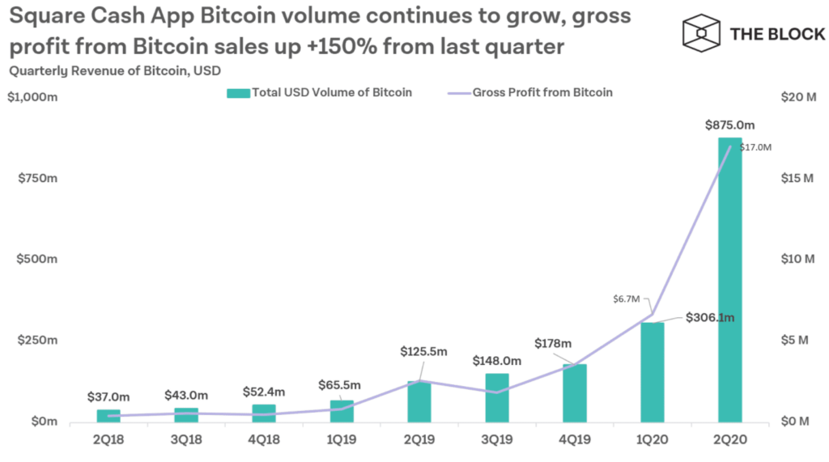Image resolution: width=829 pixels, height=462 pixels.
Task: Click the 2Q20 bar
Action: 729,280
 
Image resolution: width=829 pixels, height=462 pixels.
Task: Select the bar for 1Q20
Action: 653,372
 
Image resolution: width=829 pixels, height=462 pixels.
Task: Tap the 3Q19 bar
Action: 497,398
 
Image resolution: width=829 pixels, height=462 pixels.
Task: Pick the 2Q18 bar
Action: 108,416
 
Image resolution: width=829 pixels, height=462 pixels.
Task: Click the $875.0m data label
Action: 729,125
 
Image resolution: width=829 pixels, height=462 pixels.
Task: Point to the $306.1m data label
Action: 710,317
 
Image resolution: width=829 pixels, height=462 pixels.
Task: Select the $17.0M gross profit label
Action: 755,147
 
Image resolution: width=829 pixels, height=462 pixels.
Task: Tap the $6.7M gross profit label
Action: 627,299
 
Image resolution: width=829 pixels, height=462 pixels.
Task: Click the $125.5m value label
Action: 423,351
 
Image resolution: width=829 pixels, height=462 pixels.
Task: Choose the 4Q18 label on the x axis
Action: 264,439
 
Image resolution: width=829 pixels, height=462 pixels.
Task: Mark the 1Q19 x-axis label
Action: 342,439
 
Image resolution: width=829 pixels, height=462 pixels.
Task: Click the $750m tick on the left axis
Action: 37,178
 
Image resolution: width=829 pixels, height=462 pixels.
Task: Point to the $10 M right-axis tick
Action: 797,259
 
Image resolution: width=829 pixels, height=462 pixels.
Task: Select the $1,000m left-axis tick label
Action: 32,97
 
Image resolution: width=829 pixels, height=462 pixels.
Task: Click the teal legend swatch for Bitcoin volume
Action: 238,93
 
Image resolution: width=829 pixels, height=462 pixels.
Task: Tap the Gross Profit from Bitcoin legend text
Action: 542,92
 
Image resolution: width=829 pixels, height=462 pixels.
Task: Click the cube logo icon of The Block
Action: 701,33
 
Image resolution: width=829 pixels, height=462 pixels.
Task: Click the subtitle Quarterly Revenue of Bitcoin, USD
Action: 115,71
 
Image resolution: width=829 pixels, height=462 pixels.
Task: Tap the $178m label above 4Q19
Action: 553,344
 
